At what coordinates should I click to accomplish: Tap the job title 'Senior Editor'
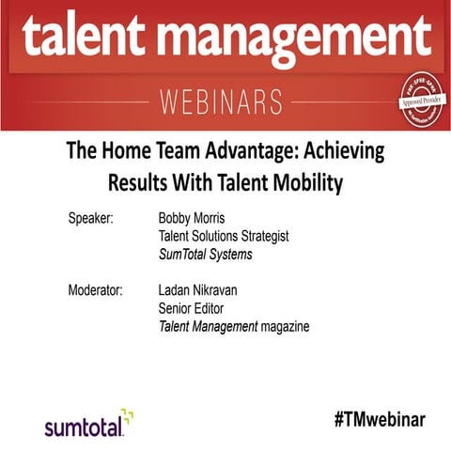[x=196, y=307]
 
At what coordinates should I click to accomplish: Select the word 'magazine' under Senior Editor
[x=283, y=326]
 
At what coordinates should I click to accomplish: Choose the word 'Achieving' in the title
[x=349, y=149]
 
